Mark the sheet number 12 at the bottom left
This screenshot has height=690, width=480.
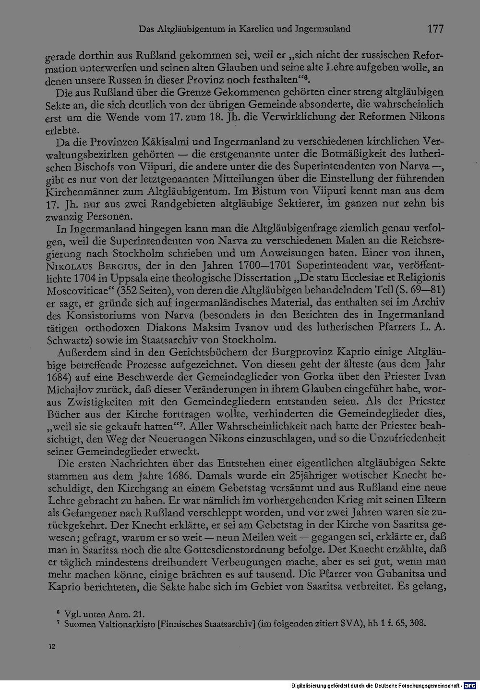point(52,646)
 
